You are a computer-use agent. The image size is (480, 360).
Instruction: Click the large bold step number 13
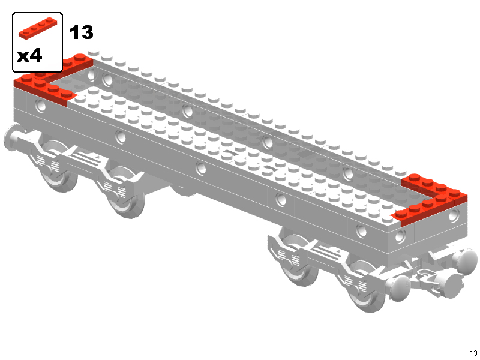(82, 32)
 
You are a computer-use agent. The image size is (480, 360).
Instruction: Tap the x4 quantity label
(29, 56)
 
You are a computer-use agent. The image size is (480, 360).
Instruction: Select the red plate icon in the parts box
(38, 28)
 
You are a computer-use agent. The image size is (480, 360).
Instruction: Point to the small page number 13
(473, 353)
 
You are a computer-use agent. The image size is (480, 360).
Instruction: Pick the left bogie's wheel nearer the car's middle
(125, 192)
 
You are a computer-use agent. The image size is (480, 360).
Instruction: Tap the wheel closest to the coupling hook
(366, 286)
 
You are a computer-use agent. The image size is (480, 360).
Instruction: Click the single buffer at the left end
(12, 138)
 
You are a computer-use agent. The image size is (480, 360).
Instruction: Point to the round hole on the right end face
(454, 216)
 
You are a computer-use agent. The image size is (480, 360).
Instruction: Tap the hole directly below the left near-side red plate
(40, 106)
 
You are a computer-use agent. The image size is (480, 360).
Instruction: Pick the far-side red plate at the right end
(434, 186)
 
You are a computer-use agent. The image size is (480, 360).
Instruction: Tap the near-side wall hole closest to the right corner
(400, 236)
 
